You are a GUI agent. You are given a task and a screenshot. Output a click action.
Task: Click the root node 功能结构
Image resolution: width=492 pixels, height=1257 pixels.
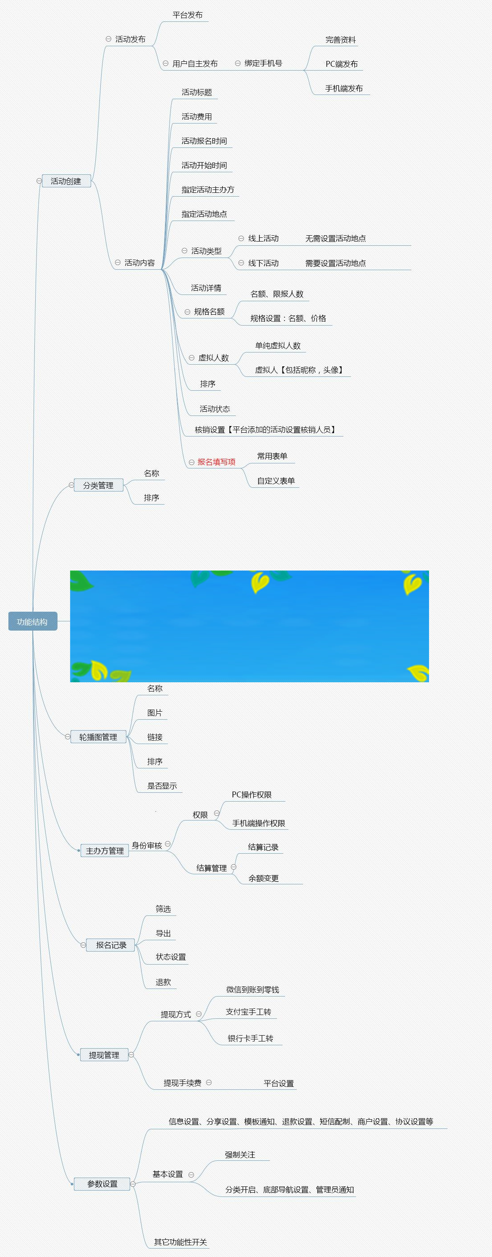(32, 621)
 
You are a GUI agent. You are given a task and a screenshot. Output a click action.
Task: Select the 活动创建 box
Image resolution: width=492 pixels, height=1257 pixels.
(66, 181)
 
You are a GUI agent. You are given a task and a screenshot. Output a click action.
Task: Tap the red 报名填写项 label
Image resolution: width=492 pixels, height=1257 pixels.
(216, 462)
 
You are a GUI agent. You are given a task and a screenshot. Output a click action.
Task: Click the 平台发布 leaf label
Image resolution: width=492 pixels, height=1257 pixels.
(187, 15)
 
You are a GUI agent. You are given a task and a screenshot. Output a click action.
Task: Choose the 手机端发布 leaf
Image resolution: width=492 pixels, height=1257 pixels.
(344, 88)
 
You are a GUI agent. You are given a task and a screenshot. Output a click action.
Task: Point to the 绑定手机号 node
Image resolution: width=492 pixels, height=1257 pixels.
(263, 63)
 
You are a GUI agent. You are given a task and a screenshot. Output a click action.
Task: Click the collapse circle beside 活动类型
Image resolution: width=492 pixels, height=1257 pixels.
(184, 251)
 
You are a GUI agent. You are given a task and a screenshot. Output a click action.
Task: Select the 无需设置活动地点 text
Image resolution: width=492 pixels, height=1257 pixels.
(335, 239)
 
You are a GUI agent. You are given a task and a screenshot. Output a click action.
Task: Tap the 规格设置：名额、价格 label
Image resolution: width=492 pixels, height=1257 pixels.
(288, 318)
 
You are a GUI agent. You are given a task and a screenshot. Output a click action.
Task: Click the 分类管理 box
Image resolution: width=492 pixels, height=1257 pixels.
(98, 485)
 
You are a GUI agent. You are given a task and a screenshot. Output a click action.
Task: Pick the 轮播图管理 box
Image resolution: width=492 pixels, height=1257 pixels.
(98, 737)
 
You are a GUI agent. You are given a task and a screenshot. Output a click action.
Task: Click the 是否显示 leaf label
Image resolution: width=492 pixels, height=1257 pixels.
(162, 786)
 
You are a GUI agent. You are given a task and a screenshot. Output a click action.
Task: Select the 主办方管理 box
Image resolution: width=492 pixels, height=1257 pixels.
(105, 850)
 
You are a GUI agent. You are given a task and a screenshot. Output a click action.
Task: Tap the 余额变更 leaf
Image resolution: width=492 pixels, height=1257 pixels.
(263, 878)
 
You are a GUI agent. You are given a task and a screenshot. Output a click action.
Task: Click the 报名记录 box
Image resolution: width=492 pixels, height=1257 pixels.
(111, 945)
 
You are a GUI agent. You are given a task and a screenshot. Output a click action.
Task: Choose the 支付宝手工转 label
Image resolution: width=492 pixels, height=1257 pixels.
(248, 1012)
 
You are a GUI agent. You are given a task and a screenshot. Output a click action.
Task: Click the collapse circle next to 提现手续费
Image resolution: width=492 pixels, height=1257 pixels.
(209, 1082)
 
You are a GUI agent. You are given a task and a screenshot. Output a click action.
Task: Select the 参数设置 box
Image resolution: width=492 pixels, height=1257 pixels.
(102, 1183)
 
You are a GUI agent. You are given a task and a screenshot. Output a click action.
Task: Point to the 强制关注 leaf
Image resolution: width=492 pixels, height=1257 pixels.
(240, 1154)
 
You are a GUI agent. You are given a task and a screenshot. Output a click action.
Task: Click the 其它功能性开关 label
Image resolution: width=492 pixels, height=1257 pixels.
(181, 1242)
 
